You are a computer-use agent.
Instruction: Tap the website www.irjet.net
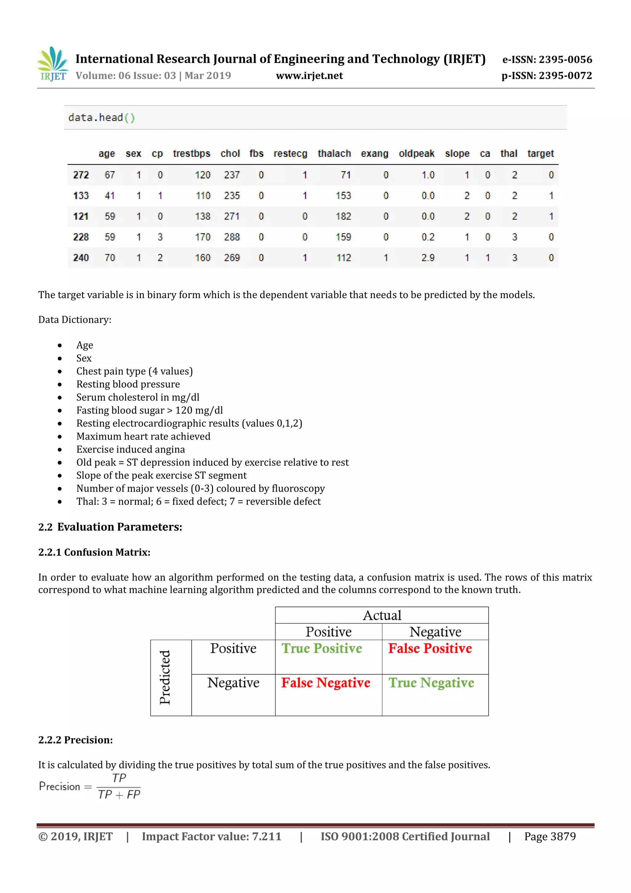click(x=309, y=76)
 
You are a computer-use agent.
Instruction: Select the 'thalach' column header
click(x=334, y=154)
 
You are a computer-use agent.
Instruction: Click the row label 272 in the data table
click(x=81, y=175)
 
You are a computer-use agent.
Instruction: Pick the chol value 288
click(x=232, y=237)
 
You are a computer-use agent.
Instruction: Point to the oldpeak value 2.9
click(x=428, y=258)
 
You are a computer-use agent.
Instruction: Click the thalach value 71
click(x=345, y=175)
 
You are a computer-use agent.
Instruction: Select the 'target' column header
click(x=540, y=154)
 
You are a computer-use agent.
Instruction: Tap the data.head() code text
click(x=101, y=117)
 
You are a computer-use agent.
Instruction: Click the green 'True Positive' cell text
click(x=322, y=648)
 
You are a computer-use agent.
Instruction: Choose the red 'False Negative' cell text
click(x=326, y=683)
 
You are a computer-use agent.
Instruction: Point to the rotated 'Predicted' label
click(x=165, y=677)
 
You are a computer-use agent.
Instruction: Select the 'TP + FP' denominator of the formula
click(x=119, y=794)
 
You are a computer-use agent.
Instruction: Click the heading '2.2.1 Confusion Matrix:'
click(x=94, y=552)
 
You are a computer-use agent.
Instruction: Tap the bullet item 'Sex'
click(x=84, y=358)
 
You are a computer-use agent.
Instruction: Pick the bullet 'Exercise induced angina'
click(x=131, y=449)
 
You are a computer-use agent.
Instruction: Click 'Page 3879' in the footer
click(x=550, y=837)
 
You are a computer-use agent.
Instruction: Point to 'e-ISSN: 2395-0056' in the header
click(x=547, y=60)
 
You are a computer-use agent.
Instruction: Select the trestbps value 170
click(x=202, y=237)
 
